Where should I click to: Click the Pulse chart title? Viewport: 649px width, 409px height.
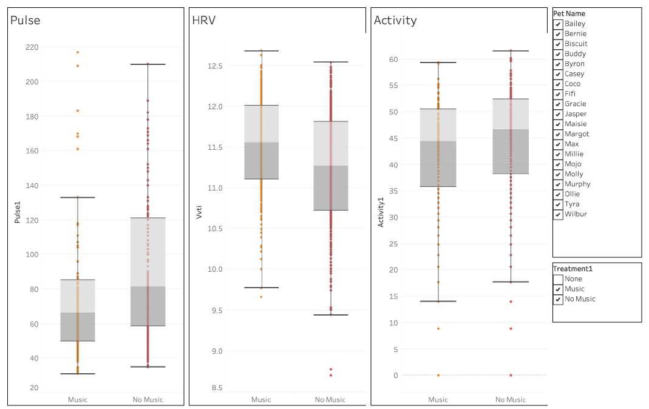coord(25,20)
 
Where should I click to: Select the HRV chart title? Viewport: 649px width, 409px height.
coord(203,20)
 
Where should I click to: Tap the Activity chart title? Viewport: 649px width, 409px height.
coord(395,20)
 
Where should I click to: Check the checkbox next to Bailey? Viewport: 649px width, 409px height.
coord(558,24)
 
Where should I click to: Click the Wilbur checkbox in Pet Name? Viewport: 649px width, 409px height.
coord(558,214)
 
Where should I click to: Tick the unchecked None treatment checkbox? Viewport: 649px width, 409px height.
coord(558,279)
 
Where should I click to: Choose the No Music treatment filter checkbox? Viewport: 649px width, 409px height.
coord(558,299)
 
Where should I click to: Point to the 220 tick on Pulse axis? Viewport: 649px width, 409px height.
coord(32,47)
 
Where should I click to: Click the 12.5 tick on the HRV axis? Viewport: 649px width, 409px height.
coord(215,66)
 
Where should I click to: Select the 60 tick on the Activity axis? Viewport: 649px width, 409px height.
coord(393,59)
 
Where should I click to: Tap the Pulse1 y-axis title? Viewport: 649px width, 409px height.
coord(17,212)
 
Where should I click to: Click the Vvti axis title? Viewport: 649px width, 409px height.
coord(199,212)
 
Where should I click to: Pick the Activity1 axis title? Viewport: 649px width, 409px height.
coord(381,212)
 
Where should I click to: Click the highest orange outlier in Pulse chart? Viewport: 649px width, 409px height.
coord(77,52)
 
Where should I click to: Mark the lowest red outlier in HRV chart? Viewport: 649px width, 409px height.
coord(331,375)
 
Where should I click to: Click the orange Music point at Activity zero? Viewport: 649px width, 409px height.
coord(438,375)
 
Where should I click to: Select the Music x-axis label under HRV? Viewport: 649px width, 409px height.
coord(261,399)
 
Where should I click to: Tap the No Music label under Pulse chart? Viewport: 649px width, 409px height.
coord(148,399)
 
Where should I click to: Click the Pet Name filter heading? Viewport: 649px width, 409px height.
coord(569,13)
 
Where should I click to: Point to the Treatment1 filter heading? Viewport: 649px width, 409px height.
coord(573,269)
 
